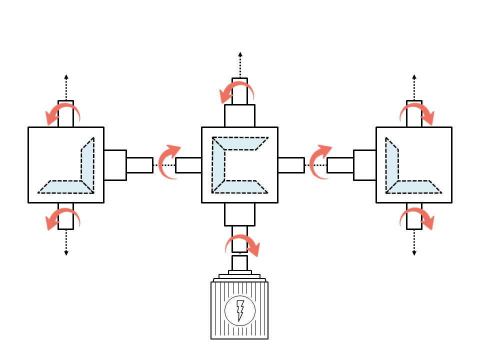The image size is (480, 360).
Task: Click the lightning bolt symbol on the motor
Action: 240,310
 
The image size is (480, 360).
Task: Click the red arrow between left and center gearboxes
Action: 167,161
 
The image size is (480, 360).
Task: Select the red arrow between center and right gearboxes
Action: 318,161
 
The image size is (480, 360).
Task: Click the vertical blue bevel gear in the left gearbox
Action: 87,164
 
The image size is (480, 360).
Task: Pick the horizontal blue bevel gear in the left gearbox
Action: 65,186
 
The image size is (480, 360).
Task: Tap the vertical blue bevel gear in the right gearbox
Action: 391,164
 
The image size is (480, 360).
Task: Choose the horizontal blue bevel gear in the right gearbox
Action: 414,186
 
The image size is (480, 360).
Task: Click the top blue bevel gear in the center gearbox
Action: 240,143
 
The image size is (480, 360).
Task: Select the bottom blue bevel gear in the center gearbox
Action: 240,186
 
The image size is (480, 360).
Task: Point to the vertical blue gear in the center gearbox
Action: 218,165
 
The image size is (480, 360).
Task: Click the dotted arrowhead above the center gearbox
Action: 240,54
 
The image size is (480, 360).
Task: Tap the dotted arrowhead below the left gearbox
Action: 66,253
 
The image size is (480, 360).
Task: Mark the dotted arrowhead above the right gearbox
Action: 414,77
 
